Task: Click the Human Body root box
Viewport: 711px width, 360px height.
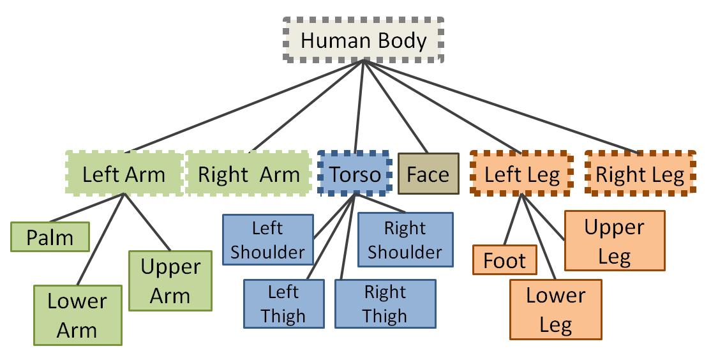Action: [363, 40]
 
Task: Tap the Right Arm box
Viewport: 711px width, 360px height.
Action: [248, 174]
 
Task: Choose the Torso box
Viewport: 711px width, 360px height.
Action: [354, 174]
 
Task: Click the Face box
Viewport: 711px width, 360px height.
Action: [428, 174]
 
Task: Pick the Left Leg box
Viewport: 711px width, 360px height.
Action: [521, 174]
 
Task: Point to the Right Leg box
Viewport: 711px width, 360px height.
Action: [640, 174]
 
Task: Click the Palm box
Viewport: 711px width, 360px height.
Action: [50, 237]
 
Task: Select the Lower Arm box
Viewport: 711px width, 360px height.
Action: [77, 315]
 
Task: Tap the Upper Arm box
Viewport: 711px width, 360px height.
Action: [170, 281]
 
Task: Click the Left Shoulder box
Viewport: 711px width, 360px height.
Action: [267, 239]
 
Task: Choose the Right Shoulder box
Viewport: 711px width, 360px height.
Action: [405, 239]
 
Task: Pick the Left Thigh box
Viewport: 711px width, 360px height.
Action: [283, 304]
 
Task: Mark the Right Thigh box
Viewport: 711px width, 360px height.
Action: [385, 304]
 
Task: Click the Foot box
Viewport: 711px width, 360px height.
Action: [504, 260]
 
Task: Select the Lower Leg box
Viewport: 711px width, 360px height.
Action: [555, 310]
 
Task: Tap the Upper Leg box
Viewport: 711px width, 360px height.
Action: [615, 242]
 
